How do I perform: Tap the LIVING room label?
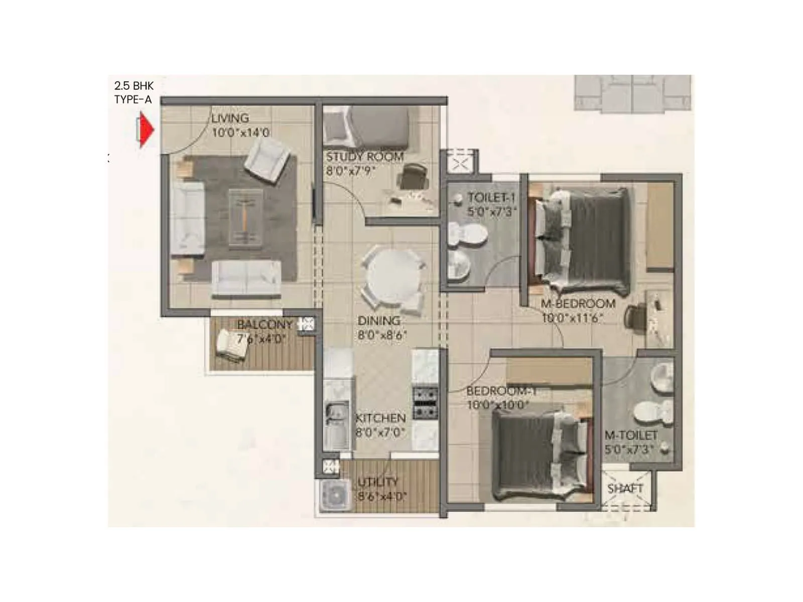pos(230,118)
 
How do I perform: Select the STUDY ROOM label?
pos(365,157)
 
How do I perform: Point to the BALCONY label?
pos(264,325)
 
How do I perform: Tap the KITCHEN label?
pos(380,418)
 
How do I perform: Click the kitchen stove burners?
pos(425,403)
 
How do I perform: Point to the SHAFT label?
pos(625,488)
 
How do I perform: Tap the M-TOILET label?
pos(631,435)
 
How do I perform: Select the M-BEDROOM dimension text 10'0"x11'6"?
pos(572,318)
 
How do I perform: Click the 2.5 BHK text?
pos(133,86)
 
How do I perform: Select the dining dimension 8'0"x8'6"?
pos(382,335)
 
